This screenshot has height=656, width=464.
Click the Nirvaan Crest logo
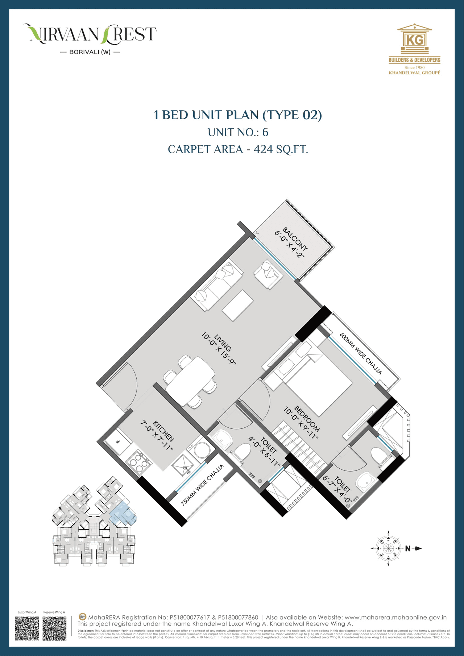pos(90,38)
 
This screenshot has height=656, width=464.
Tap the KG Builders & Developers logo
pos(414,49)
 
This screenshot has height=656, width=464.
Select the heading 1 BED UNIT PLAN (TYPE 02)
pos(238,115)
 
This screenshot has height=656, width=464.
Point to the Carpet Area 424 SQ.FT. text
pos(238,149)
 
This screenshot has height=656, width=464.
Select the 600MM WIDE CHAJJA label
pos(361,353)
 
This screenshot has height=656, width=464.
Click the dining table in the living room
pos(191,379)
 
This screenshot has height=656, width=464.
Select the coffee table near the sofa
pos(238,305)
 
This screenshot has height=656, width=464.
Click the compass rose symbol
pos(388,548)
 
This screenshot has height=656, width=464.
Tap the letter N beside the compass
pos(408,549)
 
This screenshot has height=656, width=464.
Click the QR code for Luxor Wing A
pos(27,628)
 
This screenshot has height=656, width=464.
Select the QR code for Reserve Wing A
pos(54,628)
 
